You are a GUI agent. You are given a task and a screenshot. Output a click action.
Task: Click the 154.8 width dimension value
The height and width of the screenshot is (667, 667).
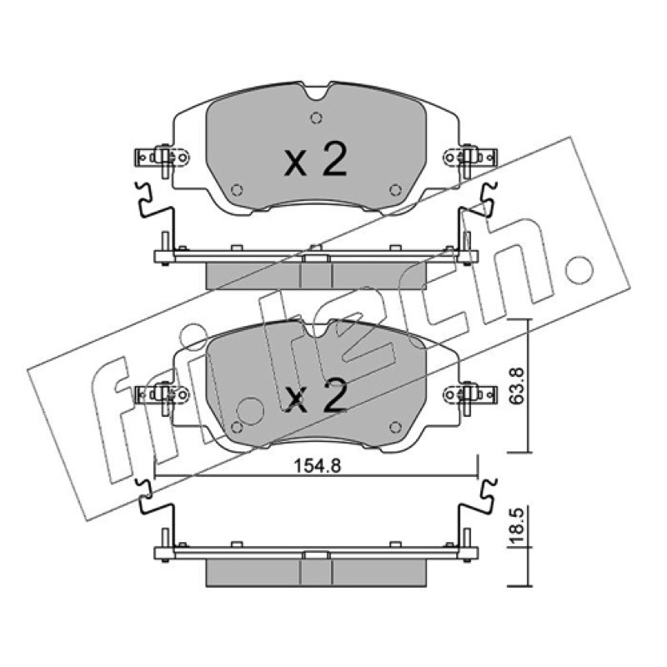(318, 466)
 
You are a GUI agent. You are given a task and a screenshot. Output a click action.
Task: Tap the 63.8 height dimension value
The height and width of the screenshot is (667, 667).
(518, 386)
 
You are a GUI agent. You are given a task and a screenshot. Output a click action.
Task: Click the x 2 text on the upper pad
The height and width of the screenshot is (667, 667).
(315, 159)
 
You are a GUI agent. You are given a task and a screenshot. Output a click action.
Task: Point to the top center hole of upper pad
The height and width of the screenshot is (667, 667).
(316, 118)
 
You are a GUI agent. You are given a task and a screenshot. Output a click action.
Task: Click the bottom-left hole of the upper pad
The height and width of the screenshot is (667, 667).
(237, 190)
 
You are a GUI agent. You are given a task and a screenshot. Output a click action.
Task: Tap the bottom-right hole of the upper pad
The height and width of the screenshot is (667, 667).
(395, 190)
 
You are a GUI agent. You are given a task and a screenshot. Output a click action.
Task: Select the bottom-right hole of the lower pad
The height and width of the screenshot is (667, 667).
(395, 427)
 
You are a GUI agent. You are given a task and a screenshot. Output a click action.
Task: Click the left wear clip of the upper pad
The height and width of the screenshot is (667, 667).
(162, 158)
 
